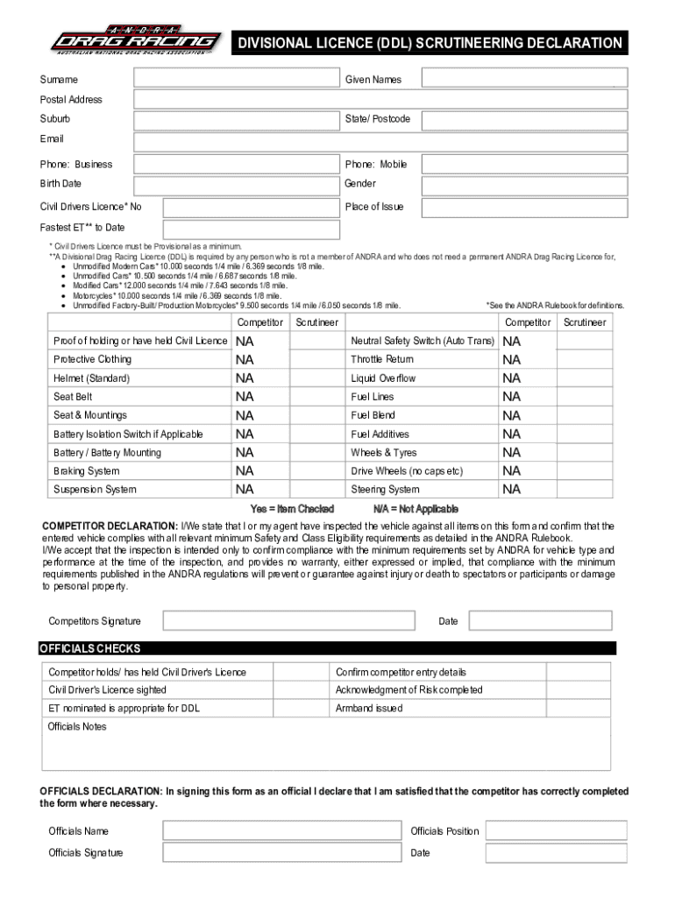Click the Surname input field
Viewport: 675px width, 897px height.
236,79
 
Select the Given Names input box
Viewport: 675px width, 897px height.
523,79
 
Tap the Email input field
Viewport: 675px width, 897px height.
380,142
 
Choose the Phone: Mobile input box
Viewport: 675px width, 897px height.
523,164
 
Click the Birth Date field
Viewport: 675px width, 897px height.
236,185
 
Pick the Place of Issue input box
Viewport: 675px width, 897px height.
523,208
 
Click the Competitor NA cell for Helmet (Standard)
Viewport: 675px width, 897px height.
259,378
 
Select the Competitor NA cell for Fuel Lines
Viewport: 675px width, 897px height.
528,397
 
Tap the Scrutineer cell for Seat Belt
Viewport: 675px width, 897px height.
316,397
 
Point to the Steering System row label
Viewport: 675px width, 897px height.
385,490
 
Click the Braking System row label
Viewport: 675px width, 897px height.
87,471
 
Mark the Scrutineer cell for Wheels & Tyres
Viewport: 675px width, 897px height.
584,453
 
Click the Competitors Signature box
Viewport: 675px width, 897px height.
289,621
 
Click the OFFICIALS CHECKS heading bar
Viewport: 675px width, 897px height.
327,649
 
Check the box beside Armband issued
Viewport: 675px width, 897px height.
579,709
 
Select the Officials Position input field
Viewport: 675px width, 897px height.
556,830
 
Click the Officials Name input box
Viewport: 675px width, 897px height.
281,830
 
